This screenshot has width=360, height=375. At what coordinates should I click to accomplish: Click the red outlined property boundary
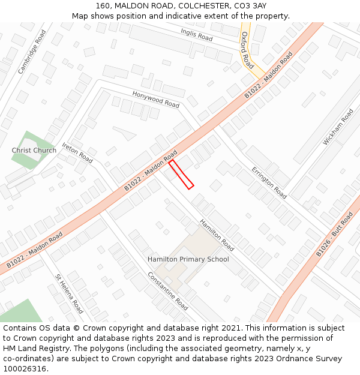pyautogui.click(x=181, y=174)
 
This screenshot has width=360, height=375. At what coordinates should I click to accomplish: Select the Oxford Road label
pyautogui.click(x=247, y=50)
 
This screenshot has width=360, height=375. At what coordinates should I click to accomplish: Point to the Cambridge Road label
pyautogui.click(x=32, y=52)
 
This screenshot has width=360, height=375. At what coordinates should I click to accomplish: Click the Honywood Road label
pyautogui.click(x=155, y=100)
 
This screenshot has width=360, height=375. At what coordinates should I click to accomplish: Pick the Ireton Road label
pyautogui.click(x=77, y=153)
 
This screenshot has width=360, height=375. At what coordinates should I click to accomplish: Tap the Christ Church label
pyautogui.click(x=34, y=150)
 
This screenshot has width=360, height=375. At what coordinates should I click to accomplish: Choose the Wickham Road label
pyautogui.click(x=338, y=127)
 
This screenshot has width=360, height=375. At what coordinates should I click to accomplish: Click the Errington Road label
pyautogui.click(x=269, y=183)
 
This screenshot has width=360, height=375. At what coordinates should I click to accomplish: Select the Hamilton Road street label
pyautogui.click(x=217, y=235)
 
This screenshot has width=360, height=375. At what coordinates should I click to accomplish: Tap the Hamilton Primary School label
pyautogui.click(x=188, y=259)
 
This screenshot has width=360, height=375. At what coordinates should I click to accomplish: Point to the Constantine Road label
pyautogui.click(x=168, y=290)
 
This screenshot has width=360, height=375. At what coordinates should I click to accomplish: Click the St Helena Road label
pyautogui.click(x=69, y=294)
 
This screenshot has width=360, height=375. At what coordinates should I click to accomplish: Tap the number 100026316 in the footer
pyautogui.click(x=26, y=369)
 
